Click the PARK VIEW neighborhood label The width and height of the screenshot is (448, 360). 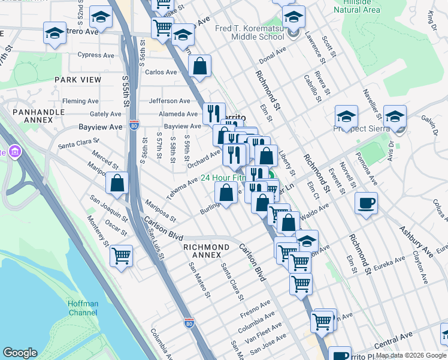78,79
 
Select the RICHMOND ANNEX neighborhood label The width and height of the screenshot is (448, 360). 206,247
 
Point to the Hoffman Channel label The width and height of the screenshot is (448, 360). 75,308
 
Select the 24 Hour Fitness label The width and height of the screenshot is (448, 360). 223,178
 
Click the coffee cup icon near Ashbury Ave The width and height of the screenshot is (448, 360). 366,203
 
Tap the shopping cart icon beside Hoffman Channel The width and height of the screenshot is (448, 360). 122,256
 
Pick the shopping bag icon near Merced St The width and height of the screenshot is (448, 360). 117,182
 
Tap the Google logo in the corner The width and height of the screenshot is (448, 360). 20,353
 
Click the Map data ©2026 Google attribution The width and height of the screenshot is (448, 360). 410,356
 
